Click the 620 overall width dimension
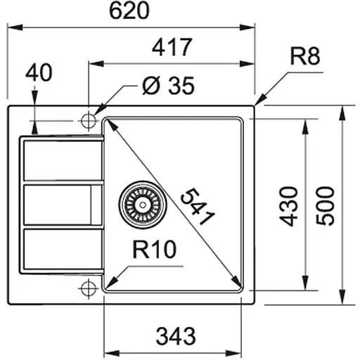(x=131, y=11)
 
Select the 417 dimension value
(x=171, y=48)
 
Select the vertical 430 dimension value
(x=290, y=206)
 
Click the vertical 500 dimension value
(x=326, y=206)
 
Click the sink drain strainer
(x=139, y=202)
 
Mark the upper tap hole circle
(x=89, y=120)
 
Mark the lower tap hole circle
(x=89, y=288)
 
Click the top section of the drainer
(x=62, y=160)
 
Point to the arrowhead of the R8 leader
(x=259, y=103)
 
